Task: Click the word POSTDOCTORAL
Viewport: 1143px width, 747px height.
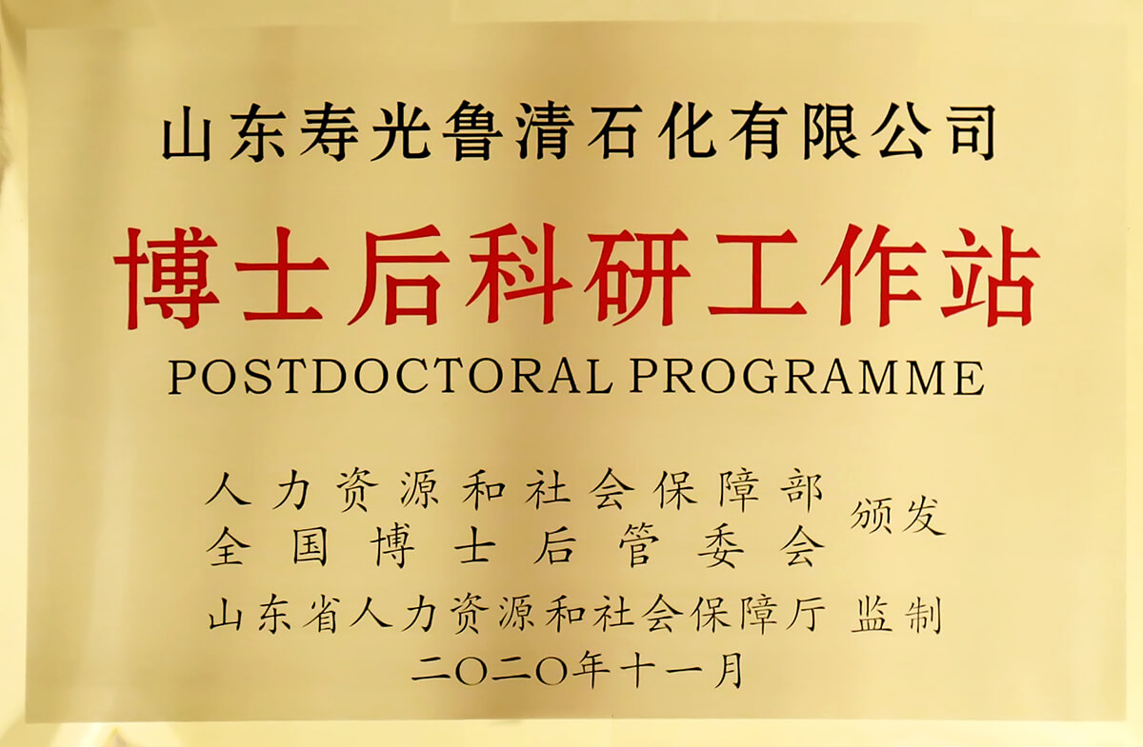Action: (391, 378)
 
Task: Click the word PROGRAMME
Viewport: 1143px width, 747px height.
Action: (807, 378)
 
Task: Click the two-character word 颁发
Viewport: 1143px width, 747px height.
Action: (896, 516)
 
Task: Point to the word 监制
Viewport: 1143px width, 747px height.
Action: (895, 614)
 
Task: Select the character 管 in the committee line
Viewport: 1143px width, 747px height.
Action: (638, 546)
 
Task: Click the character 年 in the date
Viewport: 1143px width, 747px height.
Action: (592, 669)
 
